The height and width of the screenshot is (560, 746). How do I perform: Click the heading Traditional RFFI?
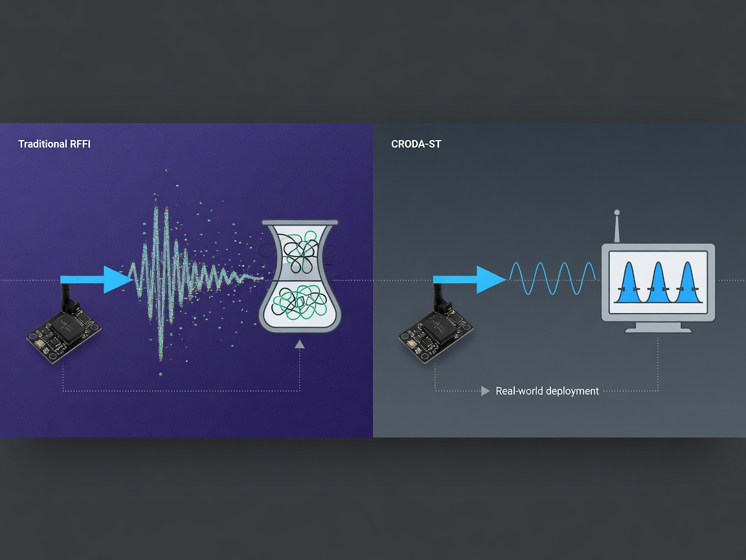coord(54,144)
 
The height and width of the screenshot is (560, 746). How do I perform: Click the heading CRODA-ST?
coord(416,144)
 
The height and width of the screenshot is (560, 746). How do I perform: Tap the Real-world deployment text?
coord(547,391)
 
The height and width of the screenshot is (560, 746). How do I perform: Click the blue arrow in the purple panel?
coord(96,279)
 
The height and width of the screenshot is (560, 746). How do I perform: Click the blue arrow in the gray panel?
coord(469,279)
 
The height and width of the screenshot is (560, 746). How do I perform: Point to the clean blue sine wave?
coord(552,278)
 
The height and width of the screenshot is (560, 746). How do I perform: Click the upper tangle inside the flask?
coord(300,251)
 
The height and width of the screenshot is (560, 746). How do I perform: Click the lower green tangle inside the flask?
coord(300,302)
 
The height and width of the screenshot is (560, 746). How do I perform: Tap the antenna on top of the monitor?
coord(617,226)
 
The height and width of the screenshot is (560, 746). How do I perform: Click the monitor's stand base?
coord(658,329)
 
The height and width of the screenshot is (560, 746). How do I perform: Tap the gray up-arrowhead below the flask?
coord(299,344)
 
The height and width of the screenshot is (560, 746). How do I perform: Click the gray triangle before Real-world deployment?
coord(485,391)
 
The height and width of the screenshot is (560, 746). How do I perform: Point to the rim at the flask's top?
coord(300,222)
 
